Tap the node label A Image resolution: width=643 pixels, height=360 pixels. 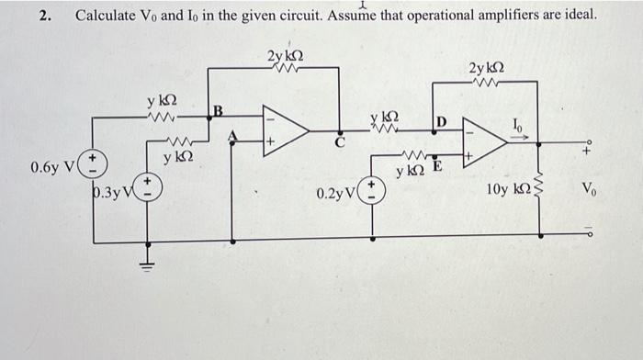click(x=232, y=135)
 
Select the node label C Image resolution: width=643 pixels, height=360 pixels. click(x=339, y=142)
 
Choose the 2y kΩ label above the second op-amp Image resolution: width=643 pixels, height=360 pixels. click(x=485, y=69)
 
